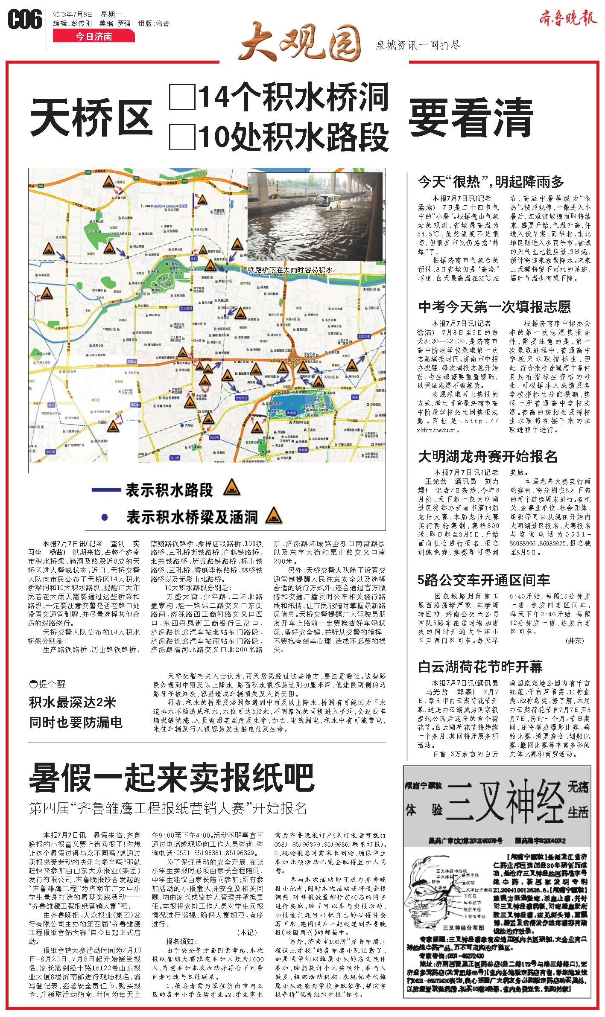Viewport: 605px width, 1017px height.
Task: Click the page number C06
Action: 25,19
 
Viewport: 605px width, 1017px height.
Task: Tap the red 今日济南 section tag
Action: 94,37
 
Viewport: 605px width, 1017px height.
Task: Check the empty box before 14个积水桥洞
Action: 182,97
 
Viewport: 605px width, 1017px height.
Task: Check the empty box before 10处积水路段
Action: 182,137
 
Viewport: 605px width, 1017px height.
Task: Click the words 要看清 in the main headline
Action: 471,117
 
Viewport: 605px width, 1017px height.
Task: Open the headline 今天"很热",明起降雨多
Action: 491,182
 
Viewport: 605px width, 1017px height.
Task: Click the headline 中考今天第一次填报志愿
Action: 494,306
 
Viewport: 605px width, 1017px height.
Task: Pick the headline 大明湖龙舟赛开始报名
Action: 488,456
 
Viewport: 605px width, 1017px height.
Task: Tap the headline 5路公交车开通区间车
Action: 484,580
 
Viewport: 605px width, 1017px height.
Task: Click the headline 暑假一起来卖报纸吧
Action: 171,778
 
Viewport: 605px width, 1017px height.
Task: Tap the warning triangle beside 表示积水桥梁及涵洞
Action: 274,516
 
